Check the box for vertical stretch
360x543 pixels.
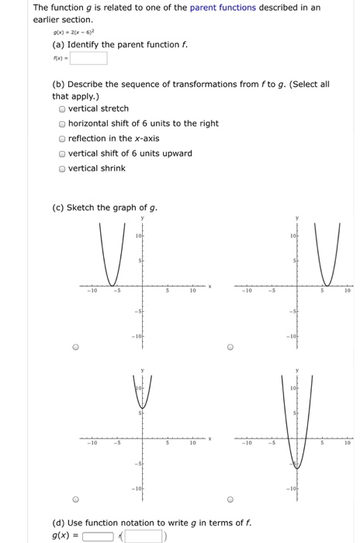coord(61,109)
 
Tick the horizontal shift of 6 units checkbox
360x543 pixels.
coord(61,124)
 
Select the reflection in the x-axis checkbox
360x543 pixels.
coord(61,139)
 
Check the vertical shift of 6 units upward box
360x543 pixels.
coord(61,154)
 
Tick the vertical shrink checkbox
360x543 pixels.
coord(61,168)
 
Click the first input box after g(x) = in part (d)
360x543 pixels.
coord(99,535)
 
